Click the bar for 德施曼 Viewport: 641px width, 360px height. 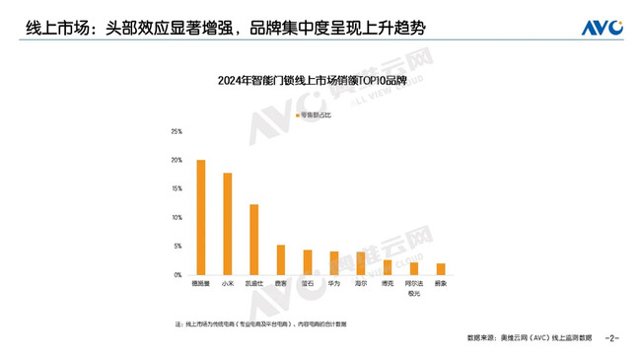(x=201, y=217)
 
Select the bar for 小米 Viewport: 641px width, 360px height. (x=228, y=224)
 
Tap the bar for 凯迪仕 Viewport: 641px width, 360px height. (x=254, y=240)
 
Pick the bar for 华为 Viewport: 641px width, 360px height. (x=334, y=263)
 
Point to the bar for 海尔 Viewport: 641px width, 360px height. (x=361, y=263)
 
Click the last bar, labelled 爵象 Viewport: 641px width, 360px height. (x=441, y=269)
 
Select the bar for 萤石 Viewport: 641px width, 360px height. (x=308, y=262)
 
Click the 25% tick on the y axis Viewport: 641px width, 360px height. (x=176, y=131)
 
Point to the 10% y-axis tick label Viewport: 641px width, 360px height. (x=176, y=217)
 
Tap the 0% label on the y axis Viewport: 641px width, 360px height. (x=178, y=274)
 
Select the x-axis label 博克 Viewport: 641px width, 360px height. (x=388, y=284)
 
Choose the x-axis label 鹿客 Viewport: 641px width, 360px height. (x=281, y=284)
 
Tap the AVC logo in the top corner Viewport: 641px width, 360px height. (x=601, y=27)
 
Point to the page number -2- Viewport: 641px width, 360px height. (x=612, y=338)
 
